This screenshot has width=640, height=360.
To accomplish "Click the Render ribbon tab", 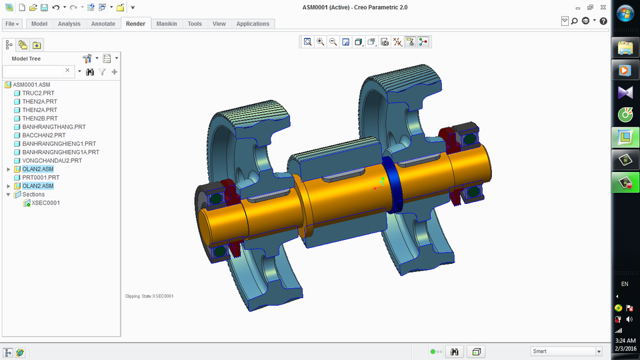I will [x=135, y=23].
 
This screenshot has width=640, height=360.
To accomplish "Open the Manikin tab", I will [x=167, y=23].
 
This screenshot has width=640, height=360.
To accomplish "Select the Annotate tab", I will [x=103, y=23].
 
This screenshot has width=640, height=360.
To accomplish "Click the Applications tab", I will [x=253, y=23].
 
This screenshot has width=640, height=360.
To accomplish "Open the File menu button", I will [x=12, y=23].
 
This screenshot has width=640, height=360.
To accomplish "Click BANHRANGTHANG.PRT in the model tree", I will [x=53, y=127].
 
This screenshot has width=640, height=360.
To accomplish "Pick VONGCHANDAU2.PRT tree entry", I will [x=52, y=161].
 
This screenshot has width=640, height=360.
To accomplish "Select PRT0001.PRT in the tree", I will [x=41, y=178].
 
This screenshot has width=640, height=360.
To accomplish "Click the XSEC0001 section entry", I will [x=45, y=203].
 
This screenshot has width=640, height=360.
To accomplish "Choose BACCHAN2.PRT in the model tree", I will [x=43, y=135].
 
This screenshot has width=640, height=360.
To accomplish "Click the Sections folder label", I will [x=33, y=195].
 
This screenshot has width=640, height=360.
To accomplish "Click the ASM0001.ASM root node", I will [x=31, y=85].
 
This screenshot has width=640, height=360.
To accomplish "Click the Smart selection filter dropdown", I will [x=566, y=351].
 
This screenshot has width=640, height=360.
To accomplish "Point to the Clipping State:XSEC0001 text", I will [x=149, y=296].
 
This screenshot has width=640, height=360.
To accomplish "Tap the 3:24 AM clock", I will [x=625, y=341].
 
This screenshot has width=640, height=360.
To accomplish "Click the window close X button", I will [x=603, y=7].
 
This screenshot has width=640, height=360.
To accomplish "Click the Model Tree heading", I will [x=26, y=59].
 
